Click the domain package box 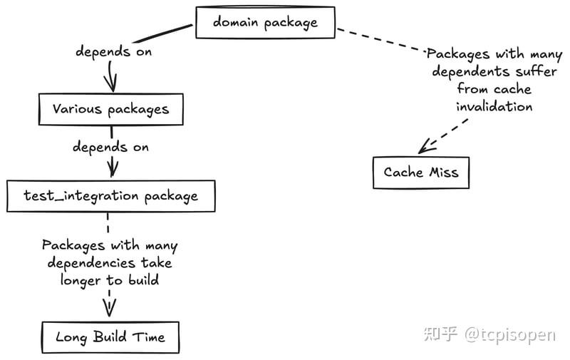pyautogui.click(x=265, y=23)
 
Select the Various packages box pyautogui.click(x=110, y=109)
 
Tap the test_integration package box pyautogui.click(x=110, y=195)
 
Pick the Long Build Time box pyautogui.click(x=110, y=336)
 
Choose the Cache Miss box pyautogui.click(x=420, y=173)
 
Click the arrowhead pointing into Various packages pyautogui.click(x=111, y=84)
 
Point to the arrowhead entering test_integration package pyautogui.click(x=111, y=170)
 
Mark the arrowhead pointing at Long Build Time pyautogui.click(x=109, y=308)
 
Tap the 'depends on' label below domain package pyautogui.click(x=113, y=52)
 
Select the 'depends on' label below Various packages pyautogui.click(x=110, y=147)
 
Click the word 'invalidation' pyautogui.click(x=494, y=106)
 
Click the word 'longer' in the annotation pyautogui.click(x=73, y=280)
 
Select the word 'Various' pyautogui.click(x=78, y=109)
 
